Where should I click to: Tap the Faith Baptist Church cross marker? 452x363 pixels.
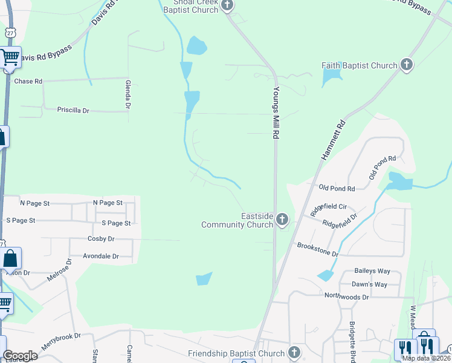click(x=407, y=65)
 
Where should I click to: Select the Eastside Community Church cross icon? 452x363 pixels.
click(x=282, y=220)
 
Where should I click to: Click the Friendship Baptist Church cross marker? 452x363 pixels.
click(x=294, y=353)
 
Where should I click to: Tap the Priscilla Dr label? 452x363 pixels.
click(x=73, y=110)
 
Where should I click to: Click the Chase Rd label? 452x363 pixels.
click(x=28, y=81)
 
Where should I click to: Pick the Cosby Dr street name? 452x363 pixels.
click(x=101, y=239)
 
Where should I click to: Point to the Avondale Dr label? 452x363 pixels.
click(x=101, y=256)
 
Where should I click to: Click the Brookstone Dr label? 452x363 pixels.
click(x=318, y=249)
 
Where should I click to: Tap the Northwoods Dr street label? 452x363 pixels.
click(x=346, y=296)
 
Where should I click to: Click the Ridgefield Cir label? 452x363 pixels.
click(x=329, y=210)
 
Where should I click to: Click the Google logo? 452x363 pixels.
click(x=20, y=356)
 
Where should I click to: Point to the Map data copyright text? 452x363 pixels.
click(x=426, y=358)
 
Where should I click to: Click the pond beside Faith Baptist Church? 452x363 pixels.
click(x=331, y=77)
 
